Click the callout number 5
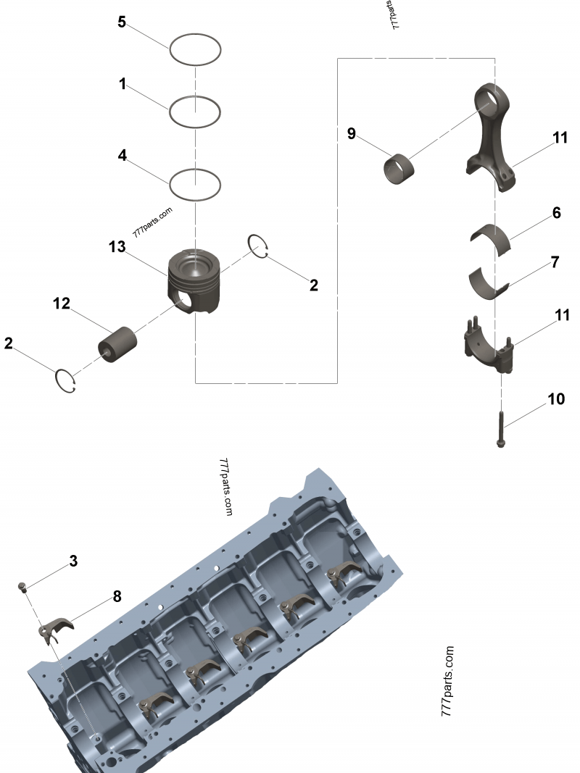coord(123,22)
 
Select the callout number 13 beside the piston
coord(117,248)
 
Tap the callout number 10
coord(555,398)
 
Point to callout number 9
coord(352,134)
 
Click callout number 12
coord(61,304)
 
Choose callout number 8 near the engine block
coord(117,596)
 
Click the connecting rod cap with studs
coord(486,346)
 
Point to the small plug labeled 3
coord(23,586)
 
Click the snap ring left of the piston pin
coord(67,381)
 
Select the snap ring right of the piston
coord(258,246)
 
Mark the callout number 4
coord(123,155)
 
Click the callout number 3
coord(73,561)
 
